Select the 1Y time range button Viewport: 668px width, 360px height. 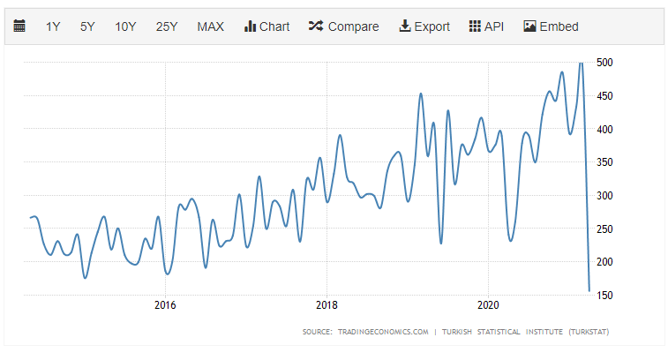[53, 26]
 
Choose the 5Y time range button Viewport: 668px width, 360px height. [87, 26]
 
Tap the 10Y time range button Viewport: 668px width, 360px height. [125, 26]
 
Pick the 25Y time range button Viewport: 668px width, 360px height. [167, 26]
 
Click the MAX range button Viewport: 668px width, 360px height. [210, 26]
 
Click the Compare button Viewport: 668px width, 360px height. [343, 26]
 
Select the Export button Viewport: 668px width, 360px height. [424, 26]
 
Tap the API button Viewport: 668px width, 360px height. [486, 26]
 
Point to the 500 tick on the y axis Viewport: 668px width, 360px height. [604, 63]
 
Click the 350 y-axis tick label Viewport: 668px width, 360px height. [604, 162]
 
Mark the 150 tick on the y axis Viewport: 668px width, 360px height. [604, 296]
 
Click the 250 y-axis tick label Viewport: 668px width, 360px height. [604, 229]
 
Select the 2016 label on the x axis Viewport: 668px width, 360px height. [165, 305]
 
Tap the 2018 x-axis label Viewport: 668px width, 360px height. [327, 305]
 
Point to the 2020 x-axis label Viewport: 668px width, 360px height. [490, 305]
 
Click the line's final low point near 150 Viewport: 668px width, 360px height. [589, 290]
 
